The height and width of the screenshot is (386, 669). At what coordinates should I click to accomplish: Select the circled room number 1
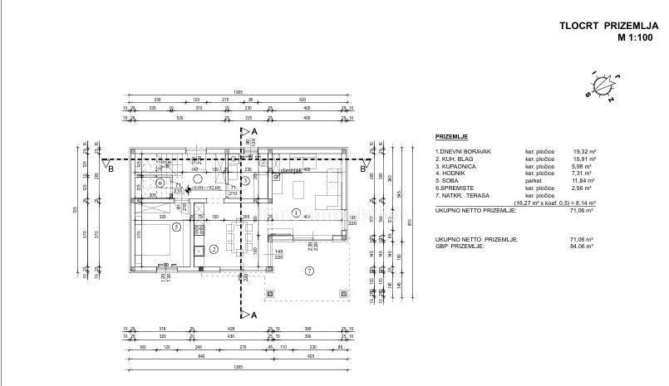(296, 213)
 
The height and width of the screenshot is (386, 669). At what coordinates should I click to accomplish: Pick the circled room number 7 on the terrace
(308, 271)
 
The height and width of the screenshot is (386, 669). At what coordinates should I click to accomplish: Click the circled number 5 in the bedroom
(176, 226)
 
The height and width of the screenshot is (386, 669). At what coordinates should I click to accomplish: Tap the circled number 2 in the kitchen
(214, 249)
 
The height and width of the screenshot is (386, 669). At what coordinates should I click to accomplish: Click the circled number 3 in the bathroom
(245, 180)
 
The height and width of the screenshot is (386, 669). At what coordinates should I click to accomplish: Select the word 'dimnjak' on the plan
(291, 169)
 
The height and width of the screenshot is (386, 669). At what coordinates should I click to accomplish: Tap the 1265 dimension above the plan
(238, 91)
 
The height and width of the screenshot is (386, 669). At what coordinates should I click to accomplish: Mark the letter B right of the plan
(363, 169)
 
